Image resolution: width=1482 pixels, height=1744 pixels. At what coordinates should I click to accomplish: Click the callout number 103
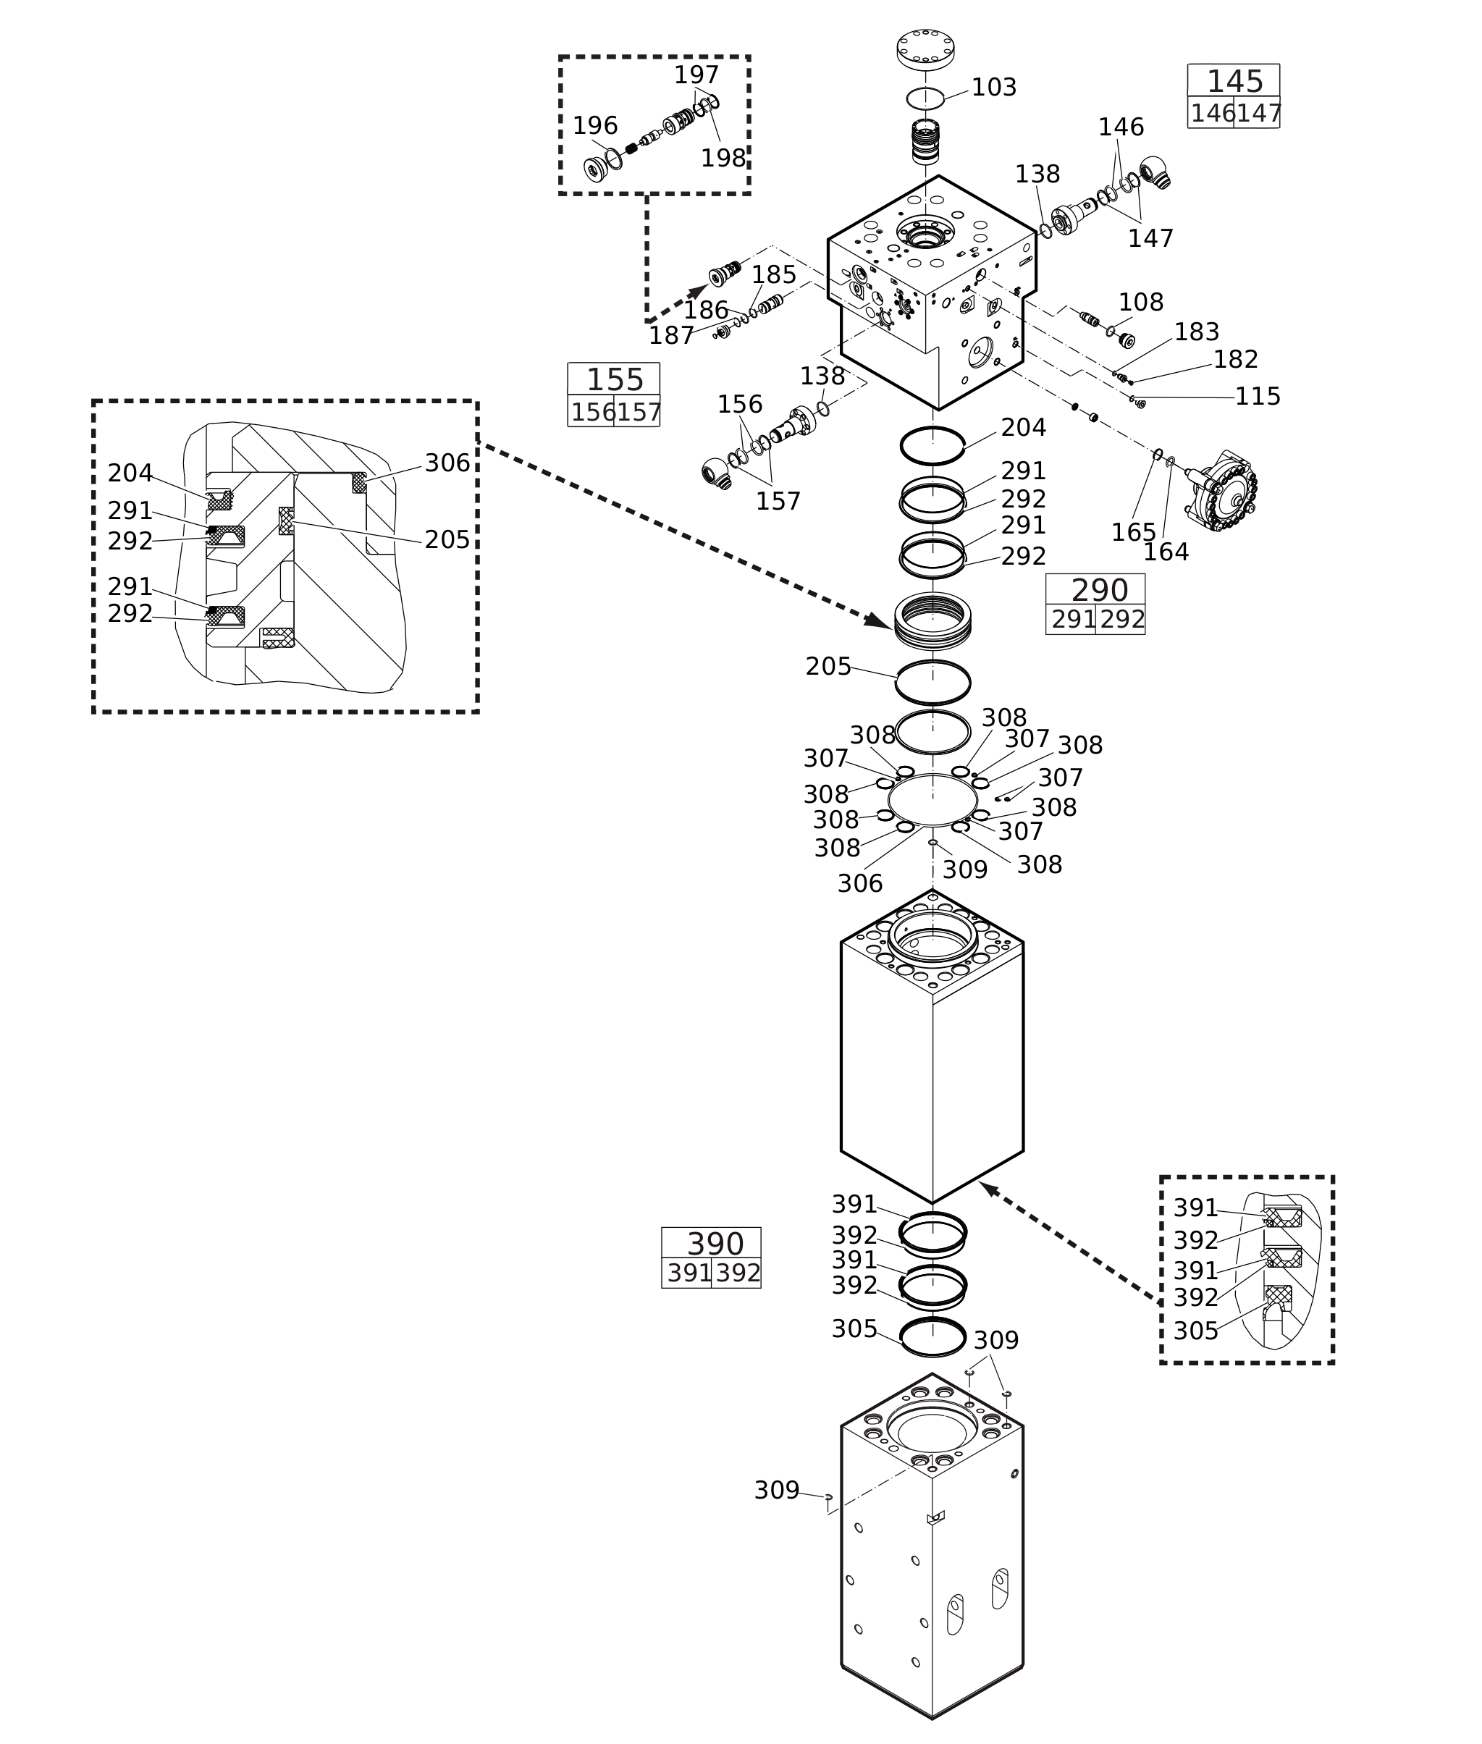pyautogui.click(x=993, y=88)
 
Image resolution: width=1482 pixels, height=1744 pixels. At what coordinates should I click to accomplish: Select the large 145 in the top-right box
pyautogui.click(x=1234, y=82)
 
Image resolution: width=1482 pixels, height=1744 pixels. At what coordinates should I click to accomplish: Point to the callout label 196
pyautogui.click(x=595, y=126)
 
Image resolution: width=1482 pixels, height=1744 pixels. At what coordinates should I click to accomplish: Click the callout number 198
pyautogui.click(x=723, y=158)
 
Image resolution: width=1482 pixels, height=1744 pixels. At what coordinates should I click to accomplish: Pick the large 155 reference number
pyautogui.click(x=614, y=380)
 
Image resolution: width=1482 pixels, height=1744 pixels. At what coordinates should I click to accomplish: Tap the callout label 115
pyautogui.click(x=1257, y=397)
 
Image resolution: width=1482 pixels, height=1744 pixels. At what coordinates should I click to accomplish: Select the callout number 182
pyautogui.click(x=1235, y=360)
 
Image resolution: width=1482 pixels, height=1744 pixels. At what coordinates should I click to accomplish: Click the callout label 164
pyautogui.click(x=1166, y=552)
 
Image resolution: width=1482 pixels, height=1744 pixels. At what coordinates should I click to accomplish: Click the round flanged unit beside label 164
pyautogui.click(x=1225, y=491)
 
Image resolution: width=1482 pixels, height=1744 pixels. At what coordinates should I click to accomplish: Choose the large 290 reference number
pyautogui.click(x=1099, y=590)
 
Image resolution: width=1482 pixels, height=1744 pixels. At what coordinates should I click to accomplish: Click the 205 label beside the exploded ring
pyautogui.click(x=828, y=666)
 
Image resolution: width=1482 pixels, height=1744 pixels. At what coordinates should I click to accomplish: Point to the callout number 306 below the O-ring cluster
pyautogui.click(x=859, y=883)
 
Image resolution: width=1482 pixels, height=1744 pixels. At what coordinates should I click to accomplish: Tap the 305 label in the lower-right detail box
pyautogui.click(x=1195, y=1331)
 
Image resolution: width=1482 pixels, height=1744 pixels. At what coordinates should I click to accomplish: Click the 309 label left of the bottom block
pyautogui.click(x=776, y=1491)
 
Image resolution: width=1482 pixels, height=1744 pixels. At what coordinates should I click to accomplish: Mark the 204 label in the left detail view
pyautogui.click(x=130, y=473)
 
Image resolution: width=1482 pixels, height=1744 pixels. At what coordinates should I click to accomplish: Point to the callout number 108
pyautogui.click(x=1140, y=303)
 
